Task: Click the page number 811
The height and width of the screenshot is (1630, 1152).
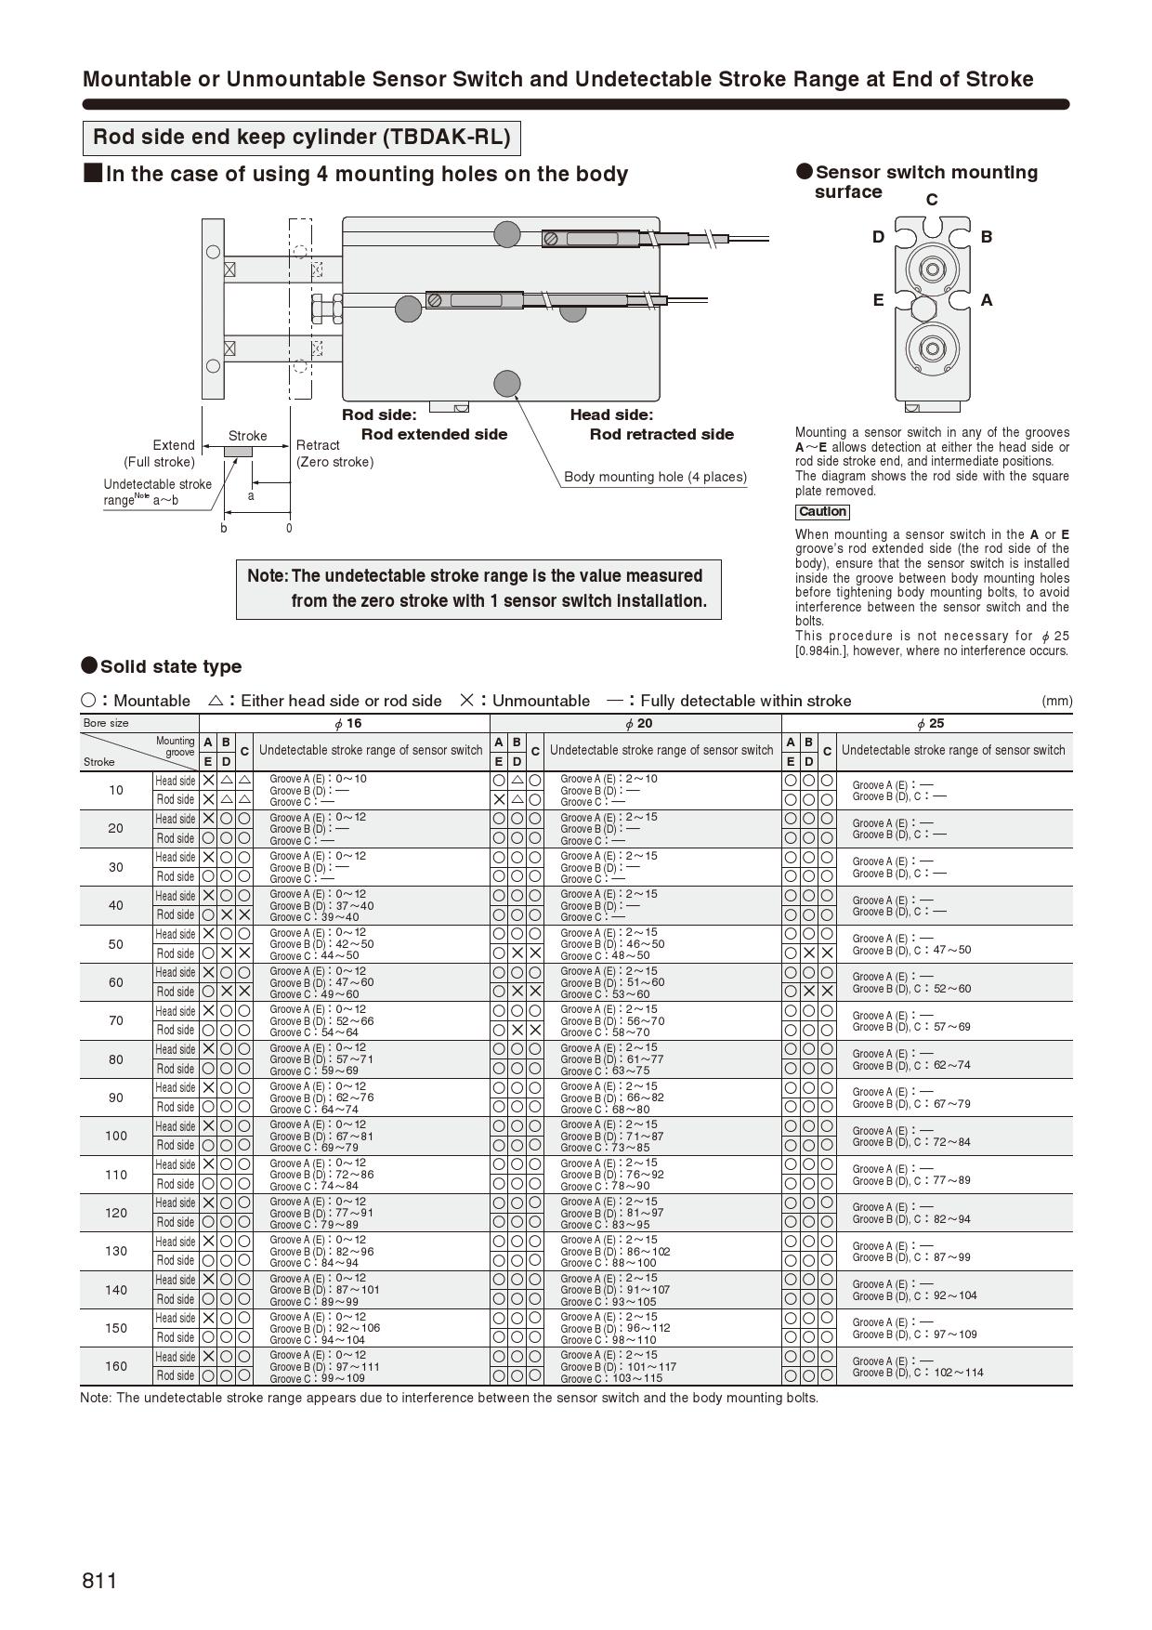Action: coord(99,1581)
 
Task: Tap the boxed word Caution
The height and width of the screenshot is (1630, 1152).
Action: coord(822,512)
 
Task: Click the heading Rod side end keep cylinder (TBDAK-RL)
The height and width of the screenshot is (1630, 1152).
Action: coord(301,138)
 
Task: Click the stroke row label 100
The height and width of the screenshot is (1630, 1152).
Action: coord(116,1136)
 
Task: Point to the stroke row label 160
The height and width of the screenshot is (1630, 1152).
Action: coord(116,1366)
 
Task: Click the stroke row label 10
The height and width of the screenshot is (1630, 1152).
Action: coord(116,790)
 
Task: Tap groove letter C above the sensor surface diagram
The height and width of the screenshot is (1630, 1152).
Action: coord(932,200)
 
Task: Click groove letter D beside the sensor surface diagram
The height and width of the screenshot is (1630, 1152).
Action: coord(878,237)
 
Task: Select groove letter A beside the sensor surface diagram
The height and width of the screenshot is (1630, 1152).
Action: coord(987,300)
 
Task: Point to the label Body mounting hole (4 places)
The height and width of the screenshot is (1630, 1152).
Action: coord(655,477)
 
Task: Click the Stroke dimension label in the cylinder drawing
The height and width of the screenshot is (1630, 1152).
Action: coord(247,436)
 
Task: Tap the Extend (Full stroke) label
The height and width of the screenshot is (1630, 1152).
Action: coord(160,454)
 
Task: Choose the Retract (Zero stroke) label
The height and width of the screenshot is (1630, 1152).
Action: coord(334,454)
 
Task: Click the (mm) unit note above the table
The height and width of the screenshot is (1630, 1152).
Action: coord(1056,701)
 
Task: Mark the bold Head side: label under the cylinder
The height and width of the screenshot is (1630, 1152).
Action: coord(611,415)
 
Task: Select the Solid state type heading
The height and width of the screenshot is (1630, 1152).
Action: coord(170,666)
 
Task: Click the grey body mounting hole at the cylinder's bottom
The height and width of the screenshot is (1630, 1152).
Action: coord(506,383)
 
